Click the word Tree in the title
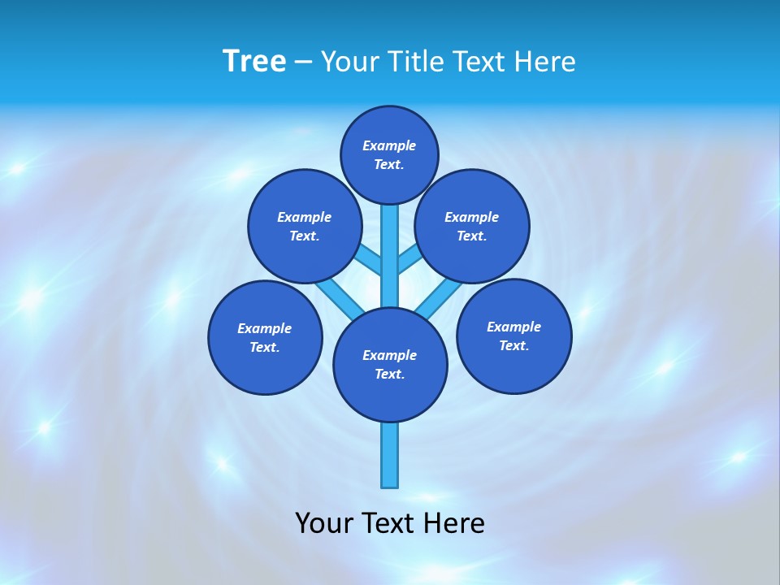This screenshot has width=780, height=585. tap(254, 62)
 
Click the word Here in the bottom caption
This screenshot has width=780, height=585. tap(454, 523)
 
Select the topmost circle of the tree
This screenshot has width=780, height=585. tap(389, 154)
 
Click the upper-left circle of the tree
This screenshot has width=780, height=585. tap(305, 226)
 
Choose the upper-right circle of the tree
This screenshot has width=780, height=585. tap(472, 226)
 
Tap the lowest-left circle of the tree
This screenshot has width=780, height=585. tap(265, 337)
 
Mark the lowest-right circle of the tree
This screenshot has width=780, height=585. tap(513, 336)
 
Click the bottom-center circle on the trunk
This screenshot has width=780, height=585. tap(390, 365)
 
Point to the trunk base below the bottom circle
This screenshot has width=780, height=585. tap(390, 455)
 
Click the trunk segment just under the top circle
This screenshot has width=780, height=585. tap(390, 223)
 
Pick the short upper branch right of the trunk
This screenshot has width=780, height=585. tap(409, 259)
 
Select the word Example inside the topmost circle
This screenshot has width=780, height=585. tap(389, 145)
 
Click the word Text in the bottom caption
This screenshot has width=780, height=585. tap(390, 523)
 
